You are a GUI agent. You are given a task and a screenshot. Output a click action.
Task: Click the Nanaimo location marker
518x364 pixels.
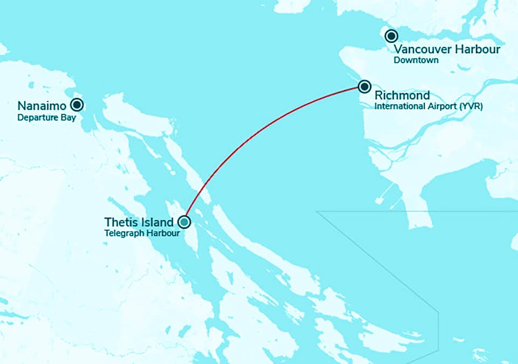tap(77, 105)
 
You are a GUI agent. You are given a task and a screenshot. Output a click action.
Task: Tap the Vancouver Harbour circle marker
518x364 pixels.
tap(391, 36)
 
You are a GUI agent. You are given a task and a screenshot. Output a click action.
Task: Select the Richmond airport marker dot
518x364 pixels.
tap(365, 86)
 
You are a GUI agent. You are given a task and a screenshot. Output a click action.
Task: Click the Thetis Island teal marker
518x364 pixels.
tap(185, 222)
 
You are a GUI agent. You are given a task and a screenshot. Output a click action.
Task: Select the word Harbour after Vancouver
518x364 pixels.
tap(478, 50)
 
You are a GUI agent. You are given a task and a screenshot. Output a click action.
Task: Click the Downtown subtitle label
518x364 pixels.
tap(415, 60)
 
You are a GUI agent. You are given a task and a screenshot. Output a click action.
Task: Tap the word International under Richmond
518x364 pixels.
tap(399, 107)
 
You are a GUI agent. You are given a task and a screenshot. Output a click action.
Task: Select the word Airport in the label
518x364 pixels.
tap(442, 107)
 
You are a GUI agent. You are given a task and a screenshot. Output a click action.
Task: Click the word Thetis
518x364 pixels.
tap(119, 222)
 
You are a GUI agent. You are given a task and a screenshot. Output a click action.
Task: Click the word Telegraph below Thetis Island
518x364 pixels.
tap(123, 234)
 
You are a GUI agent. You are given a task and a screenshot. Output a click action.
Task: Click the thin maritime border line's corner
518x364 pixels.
tap(317, 212)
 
